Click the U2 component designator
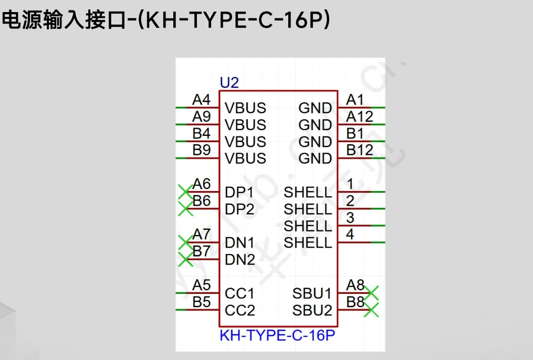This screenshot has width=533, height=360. point(229,82)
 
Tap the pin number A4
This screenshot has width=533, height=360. point(201,100)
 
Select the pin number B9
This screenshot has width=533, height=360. point(201,150)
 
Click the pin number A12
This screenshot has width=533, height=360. point(359,117)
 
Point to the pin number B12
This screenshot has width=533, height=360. point(359,150)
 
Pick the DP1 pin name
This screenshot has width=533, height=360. point(239,192)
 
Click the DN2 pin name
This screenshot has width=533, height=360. point(240,260)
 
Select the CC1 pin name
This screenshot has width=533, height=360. point(239,293)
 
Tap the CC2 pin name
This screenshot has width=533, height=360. point(239,310)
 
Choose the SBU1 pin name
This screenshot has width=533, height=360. point(312,293)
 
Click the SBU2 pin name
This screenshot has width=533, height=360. point(312,310)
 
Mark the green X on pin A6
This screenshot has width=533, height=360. point(185,192)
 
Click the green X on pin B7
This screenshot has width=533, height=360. point(185,259)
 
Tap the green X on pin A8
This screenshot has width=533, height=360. point(372,293)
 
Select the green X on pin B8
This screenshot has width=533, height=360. point(372,310)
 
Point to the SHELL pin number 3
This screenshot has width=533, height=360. point(350,217)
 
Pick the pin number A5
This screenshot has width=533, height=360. point(201,285)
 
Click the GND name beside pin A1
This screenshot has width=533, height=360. point(315,108)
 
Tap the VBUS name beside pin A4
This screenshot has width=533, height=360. point(245,108)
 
